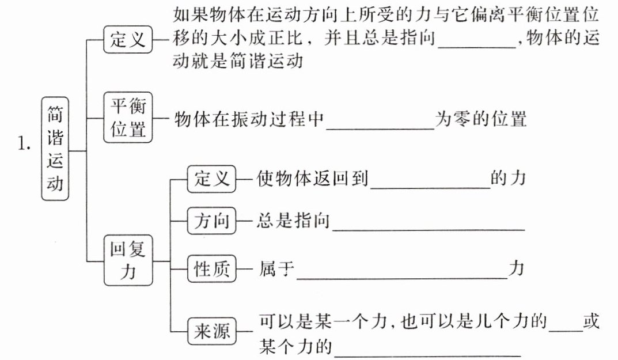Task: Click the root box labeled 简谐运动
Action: [55, 149]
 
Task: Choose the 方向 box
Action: [211, 221]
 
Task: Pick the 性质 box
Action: [211, 269]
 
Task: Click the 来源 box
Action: [211, 332]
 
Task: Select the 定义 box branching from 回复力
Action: [211, 179]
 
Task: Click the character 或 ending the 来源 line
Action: [591, 321]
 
